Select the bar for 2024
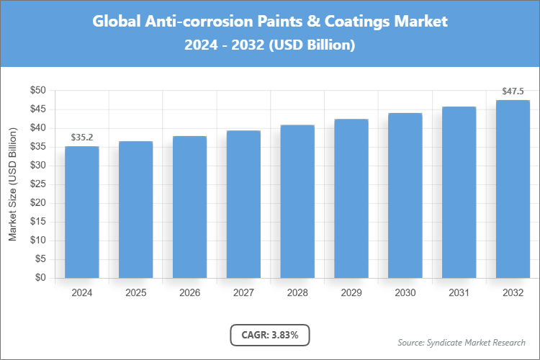pyautogui.click(x=81, y=212)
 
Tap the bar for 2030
pyautogui.click(x=405, y=195)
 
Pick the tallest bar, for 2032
pyautogui.click(x=513, y=189)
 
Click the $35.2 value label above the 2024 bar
pyautogui.click(x=81, y=137)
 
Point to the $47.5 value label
pyautogui.click(x=513, y=91)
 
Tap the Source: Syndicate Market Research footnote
pyautogui.click(x=462, y=342)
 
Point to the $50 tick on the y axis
pyautogui.click(x=37, y=91)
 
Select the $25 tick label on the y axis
pyautogui.click(x=37, y=184)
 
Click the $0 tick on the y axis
pyautogui.click(x=40, y=278)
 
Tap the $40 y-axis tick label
pyautogui.click(x=37, y=128)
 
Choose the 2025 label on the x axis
pyautogui.click(x=135, y=293)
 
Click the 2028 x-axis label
pyautogui.click(x=297, y=293)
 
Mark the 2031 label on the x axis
pyautogui.click(x=459, y=293)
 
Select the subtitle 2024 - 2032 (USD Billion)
pyautogui.click(x=270, y=45)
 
